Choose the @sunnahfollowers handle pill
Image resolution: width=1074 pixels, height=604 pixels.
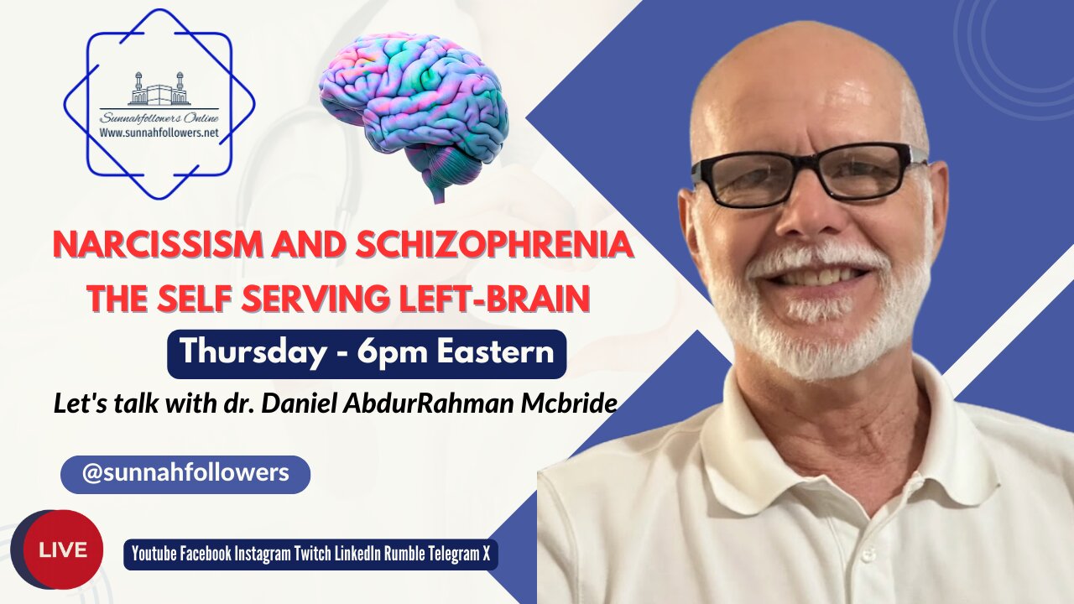tap(185, 473)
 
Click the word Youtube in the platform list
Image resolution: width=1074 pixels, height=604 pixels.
tap(153, 555)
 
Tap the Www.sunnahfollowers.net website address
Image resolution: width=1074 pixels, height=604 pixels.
tap(159, 132)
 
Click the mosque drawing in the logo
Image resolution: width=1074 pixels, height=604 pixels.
tap(159, 90)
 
